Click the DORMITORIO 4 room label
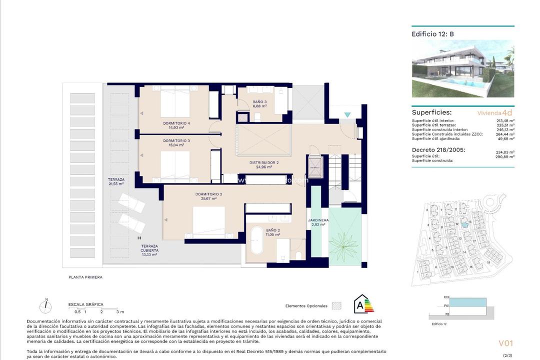(x=175, y=123)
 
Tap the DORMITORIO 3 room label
(x=175, y=141)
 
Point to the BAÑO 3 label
(x=259, y=102)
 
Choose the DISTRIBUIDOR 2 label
(x=263, y=162)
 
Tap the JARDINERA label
(x=318, y=220)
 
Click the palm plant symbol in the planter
(x=345, y=240)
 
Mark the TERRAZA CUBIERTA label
(x=149, y=248)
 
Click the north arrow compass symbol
(x=46, y=306)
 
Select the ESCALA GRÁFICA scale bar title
(x=85, y=304)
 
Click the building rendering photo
(x=462, y=69)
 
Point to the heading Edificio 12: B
(x=432, y=34)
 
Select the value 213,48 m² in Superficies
(x=505, y=120)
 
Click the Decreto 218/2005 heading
(x=438, y=149)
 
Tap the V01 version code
(x=505, y=343)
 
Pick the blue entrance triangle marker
(x=347, y=114)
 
